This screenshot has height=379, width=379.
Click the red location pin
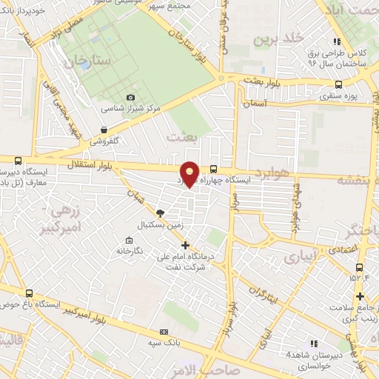[190, 173]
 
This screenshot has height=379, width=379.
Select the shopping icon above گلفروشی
[104, 130]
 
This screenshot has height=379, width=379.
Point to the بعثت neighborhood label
[181, 137]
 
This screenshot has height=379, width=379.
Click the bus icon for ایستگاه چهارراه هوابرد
[214, 169]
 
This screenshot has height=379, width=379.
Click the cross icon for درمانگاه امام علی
[185, 245]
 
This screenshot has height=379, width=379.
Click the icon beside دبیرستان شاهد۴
[314, 344]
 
